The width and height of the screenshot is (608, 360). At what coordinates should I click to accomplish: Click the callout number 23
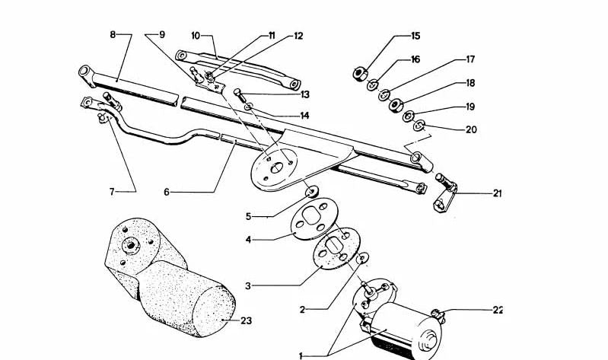pos(246,320)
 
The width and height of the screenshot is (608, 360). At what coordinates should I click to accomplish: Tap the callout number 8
pos(113,35)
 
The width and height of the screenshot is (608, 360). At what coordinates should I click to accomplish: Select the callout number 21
pos(497,193)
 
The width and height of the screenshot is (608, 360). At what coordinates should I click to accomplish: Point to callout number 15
pos(415,36)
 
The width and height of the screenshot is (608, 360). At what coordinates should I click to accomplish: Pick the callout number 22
pos(497,310)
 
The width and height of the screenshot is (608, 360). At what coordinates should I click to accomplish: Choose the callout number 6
pos(166,193)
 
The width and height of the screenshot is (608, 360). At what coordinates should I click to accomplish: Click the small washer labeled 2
pos(362,260)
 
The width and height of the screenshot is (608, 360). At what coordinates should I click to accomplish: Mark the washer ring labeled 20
pos(421,126)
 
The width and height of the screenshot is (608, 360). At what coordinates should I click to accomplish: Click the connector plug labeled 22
pos(437,314)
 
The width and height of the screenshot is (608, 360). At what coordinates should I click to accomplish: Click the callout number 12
pos(298,36)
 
